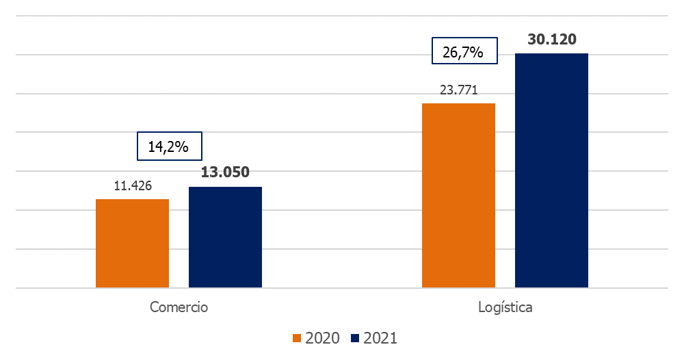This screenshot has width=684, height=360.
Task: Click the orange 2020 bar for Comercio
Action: (132, 243)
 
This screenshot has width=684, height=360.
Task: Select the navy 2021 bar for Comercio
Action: (225, 237)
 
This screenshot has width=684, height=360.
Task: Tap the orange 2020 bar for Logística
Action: (458, 195)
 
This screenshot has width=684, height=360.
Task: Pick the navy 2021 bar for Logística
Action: (551, 170)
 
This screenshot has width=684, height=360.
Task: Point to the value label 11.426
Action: (132, 185)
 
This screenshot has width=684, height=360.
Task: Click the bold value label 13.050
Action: (225, 172)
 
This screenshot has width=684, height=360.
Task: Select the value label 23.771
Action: (458, 90)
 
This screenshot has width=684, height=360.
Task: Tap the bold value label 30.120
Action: (551, 39)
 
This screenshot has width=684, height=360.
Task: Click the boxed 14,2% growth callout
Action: (168, 146)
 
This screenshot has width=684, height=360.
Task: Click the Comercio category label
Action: (179, 307)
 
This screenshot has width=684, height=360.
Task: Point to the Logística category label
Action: (505, 307)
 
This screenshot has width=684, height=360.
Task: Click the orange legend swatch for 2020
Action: (297, 338)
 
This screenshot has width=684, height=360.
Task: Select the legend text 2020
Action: (322, 338)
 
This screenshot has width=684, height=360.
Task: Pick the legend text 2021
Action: (380, 338)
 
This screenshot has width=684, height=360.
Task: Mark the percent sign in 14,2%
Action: (182, 146)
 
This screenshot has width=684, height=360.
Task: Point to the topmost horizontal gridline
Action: (342, 16)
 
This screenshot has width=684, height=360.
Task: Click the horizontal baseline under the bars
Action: (342, 288)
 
